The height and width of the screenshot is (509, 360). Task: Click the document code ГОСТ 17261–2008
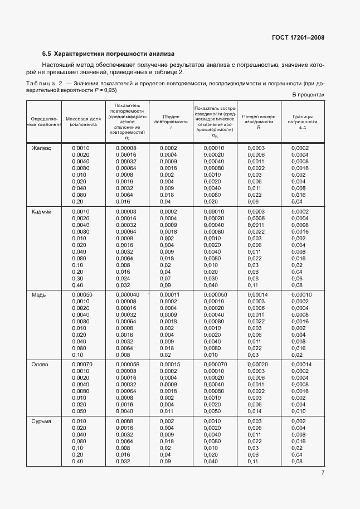(298, 38)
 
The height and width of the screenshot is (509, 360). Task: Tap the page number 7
(323, 473)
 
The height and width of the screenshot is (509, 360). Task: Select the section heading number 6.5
(46, 54)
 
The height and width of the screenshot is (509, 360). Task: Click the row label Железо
(41, 148)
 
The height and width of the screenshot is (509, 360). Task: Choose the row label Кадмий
(41, 212)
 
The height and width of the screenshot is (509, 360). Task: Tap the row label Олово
(40, 364)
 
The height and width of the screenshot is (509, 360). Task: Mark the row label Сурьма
(41, 421)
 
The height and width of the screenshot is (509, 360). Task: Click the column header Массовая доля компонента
(83, 122)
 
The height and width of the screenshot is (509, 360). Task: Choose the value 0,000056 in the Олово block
(128, 364)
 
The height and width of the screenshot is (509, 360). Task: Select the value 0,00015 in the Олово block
(169, 364)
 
